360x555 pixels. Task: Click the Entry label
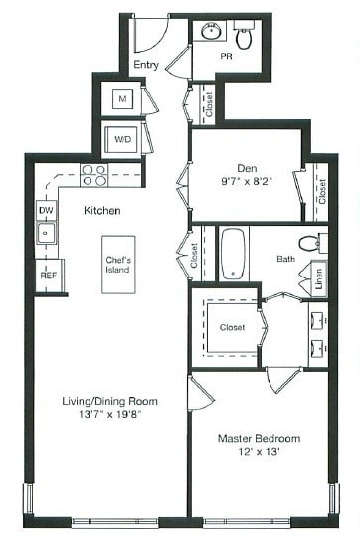coord(146,66)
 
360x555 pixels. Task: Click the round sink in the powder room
coord(211,33)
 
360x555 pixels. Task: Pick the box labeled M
coord(121,99)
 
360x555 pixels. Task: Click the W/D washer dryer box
coord(122,137)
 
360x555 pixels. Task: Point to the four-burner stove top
coord(93,175)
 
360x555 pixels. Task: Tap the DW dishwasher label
coord(46,211)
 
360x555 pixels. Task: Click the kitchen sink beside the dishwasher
coord(46,235)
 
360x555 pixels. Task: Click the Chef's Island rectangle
coord(120,266)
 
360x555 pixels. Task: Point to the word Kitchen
coord(102,211)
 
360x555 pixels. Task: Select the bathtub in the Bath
coord(232,253)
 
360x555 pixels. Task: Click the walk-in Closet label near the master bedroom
coord(232,326)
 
